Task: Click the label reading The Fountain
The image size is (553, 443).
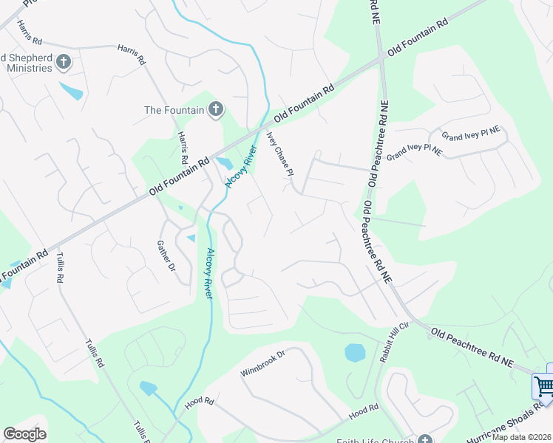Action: (x=173, y=110)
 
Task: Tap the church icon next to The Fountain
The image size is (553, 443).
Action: (x=216, y=110)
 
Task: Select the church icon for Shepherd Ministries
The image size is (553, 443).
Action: (x=64, y=62)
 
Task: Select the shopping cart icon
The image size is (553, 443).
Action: (x=543, y=385)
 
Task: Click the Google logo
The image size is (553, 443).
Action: (x=24, y=434)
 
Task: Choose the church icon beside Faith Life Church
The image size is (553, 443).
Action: (x=424, y=436)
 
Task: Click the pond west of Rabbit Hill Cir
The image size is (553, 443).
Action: (x=355, y=352)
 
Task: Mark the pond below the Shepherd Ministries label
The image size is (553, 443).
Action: (x=72, y=92)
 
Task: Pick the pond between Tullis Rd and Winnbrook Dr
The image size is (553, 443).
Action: (x=148, y=388)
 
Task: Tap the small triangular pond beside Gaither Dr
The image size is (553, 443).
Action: (x=191, y=238)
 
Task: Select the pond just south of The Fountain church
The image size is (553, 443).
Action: (x=223, y=162)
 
